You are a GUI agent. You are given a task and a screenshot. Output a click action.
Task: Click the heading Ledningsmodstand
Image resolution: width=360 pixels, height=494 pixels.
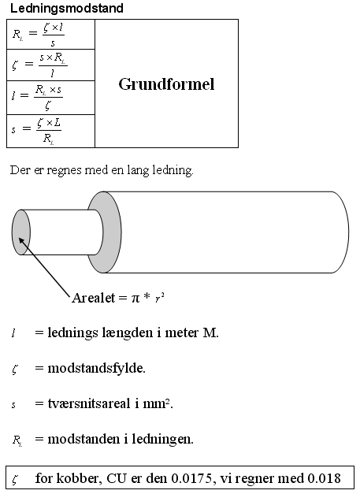(x=66, y=8)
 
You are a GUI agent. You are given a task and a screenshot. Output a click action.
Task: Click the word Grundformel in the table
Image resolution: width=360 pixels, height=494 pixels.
(x=166, y=84)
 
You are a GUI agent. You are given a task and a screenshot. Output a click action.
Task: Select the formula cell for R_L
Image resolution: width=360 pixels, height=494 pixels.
(x=50, y=35)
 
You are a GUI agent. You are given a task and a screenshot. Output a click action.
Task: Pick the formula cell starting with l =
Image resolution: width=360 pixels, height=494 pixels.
(x=50, y=98)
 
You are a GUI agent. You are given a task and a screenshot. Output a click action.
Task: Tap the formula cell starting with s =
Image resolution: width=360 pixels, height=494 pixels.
(x=50, y=131)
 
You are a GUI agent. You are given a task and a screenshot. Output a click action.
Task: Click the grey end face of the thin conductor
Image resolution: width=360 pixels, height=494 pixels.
(x=20, y=232)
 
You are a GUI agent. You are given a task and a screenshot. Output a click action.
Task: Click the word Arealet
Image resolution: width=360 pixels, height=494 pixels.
(x=94, y=298)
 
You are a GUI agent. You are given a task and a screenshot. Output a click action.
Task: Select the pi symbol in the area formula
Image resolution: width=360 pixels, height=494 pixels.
(x=135, y=299)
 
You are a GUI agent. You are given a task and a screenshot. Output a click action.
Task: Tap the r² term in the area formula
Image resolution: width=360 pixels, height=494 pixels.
(x=160, y=298)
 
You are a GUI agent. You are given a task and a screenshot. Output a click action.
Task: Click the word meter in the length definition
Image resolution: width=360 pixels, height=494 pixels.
(x=182, y=332)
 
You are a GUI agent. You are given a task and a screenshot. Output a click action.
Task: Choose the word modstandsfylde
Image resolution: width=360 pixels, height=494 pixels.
(x=96, y=368)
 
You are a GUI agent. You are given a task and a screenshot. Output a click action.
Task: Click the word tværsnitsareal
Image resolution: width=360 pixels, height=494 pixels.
(x=89, y=403)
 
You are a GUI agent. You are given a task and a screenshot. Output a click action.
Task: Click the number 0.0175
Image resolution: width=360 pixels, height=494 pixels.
(x=191, y=478)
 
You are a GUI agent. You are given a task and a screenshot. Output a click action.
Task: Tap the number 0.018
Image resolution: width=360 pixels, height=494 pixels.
(x=324, y=478)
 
